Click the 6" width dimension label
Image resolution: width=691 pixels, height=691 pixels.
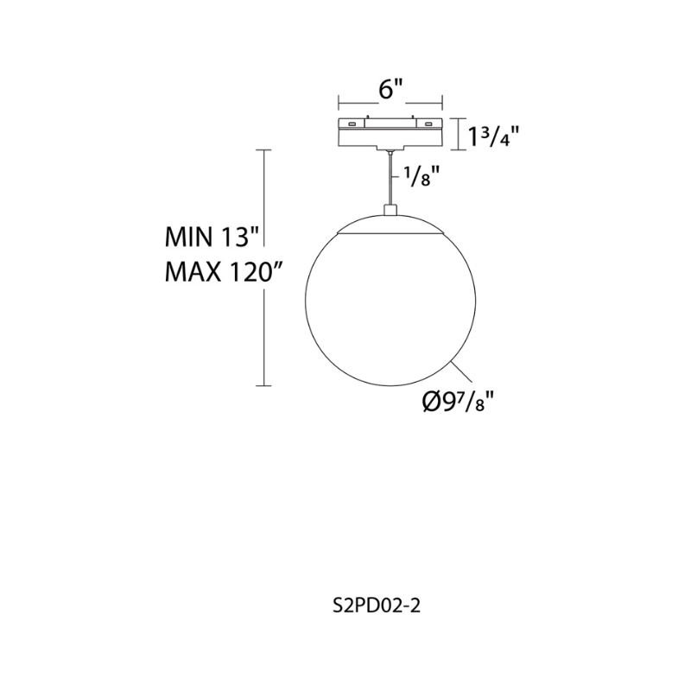click(x=390, y=91)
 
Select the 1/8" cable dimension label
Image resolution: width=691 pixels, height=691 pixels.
click(x=422, y=176)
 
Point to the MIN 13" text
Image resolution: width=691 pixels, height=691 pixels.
click(x=211, y=238)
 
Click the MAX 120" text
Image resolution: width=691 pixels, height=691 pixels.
click(x=223, y=271)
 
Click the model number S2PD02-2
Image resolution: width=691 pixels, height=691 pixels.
click(x=377, y=606)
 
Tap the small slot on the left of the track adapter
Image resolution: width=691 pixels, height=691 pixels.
click(x=352, y=124)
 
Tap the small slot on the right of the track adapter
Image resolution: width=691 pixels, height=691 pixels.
click(x=428, y=124)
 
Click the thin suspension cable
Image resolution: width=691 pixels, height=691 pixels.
click(x=390, y=178)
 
